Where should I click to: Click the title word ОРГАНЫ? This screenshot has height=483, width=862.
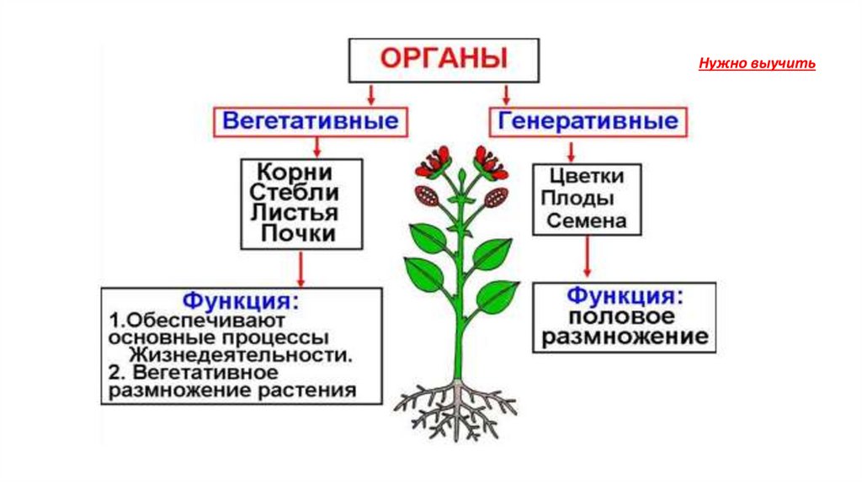coord(444,60)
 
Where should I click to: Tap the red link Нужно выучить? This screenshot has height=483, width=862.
coord(757,64)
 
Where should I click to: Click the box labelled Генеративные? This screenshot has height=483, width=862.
coord(588,120)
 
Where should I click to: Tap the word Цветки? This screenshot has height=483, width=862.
coord(587,177)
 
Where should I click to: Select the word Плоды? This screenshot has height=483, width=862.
coord(577,199)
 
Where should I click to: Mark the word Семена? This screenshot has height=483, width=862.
coord(587,221)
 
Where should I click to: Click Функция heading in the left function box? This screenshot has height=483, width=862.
coord(241,301)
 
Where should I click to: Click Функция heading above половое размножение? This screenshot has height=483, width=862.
coord(624,296)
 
